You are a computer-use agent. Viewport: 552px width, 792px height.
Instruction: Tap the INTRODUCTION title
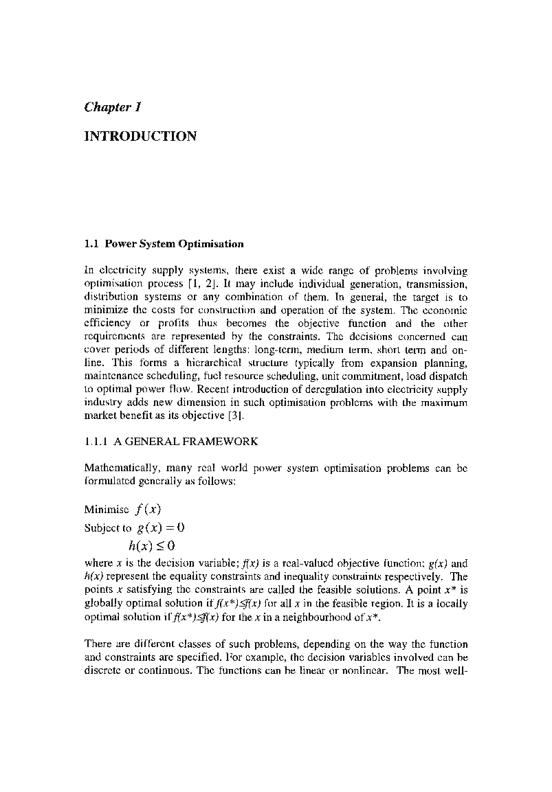coord(140,136)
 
